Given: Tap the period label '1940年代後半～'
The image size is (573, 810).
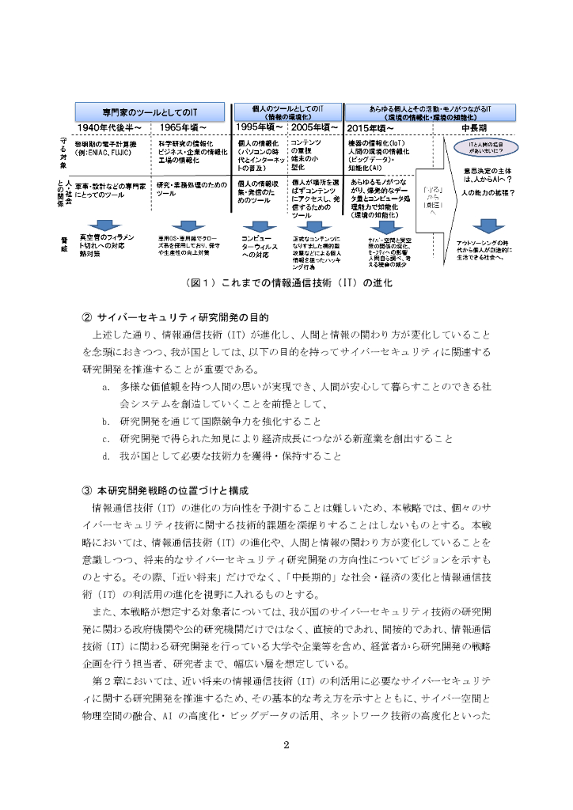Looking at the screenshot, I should [x=109, y=127].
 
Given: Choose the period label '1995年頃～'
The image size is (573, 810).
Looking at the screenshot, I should [x=260, y=127].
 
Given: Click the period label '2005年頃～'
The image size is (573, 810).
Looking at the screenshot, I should [x=314, y=127].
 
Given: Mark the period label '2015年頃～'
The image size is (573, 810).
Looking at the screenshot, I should [x=370, y=127].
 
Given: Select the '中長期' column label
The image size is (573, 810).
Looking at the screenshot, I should [x=474, y=127].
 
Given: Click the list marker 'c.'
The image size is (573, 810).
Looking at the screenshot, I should [x=105, y=438].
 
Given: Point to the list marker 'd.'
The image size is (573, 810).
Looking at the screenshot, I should [x=105, y=456].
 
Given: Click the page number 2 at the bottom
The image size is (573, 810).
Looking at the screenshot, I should [x=286, y=744].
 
